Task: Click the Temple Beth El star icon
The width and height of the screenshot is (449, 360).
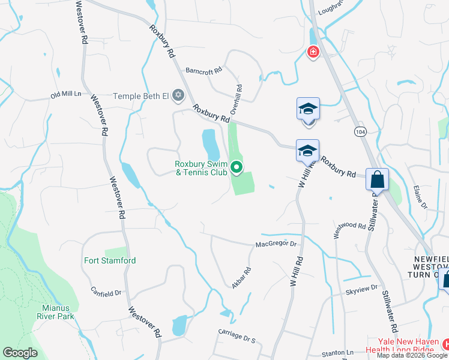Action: pos(178,95)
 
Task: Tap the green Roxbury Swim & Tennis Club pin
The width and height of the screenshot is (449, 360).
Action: pos(237,168)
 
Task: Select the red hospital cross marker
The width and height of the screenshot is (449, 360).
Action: pos(313,52)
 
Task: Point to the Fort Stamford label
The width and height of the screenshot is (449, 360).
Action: pos(110,261)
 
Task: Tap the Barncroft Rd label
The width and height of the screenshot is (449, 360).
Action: pos(203,70)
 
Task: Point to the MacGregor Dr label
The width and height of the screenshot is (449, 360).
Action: pos(276,244)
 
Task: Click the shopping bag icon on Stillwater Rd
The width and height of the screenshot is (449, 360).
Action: pos(378,179)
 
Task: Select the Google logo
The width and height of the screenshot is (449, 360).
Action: pos(20,353)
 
